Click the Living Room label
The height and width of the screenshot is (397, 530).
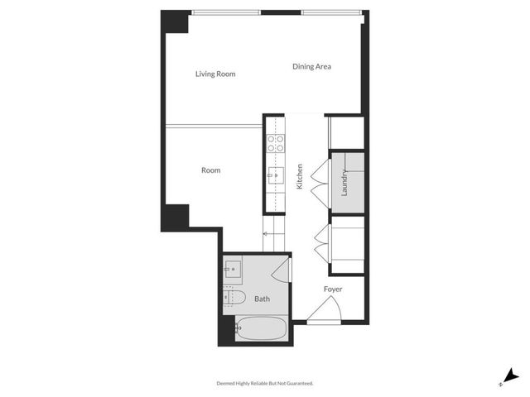(215, 74)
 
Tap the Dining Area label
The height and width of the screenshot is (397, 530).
(311, 67)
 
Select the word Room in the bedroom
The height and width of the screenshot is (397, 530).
(211, 170)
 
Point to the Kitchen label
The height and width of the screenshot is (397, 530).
(300, 177)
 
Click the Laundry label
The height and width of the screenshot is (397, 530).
(344, 184)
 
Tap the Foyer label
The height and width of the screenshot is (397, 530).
(333, 289)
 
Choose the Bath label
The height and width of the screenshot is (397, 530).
(262, 299)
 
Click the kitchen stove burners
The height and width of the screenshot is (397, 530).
(275, 143)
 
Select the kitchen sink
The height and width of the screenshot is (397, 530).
(275, 175)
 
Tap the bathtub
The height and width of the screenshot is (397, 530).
(261, 331)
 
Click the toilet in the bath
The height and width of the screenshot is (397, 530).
(234, 297)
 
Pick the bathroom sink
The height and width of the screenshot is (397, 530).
(232, 268)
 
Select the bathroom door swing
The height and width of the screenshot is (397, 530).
(282, 268)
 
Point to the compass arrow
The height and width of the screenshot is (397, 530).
(513, 376)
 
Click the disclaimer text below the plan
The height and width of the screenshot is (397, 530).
(265, 384)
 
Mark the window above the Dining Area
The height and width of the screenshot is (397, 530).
(331, 12)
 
